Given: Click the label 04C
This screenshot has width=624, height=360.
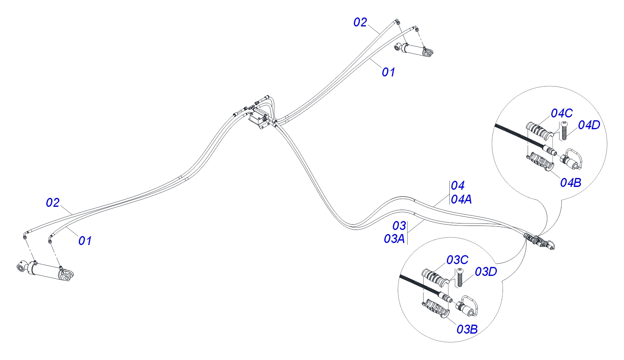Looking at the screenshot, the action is [561, 113].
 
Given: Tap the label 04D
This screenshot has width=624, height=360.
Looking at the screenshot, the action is [589, 126].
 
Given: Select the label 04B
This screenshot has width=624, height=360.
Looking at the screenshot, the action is [570, 183].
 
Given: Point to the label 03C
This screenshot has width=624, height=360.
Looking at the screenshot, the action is [457, 260].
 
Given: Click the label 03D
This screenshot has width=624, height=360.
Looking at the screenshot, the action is [486, 272].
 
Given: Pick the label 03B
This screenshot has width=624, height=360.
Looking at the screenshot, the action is [467, 330].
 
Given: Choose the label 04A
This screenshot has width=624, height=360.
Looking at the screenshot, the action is [461, 200].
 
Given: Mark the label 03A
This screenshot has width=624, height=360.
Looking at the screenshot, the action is [394, 239].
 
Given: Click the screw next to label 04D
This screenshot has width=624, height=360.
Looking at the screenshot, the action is [564, 130].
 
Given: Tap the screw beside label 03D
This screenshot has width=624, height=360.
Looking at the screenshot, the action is [459, 278].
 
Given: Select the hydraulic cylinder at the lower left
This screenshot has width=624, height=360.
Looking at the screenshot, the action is [45, 270].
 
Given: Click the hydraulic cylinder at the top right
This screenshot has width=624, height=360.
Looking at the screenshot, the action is [414, 50].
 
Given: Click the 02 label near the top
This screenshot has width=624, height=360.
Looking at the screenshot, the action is [360, 23].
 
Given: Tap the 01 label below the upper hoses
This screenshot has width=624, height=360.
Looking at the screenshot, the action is [388, 72].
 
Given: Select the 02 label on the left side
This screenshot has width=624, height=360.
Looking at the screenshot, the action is [53, 203].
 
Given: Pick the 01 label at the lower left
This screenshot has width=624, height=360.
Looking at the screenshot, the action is [85, 241].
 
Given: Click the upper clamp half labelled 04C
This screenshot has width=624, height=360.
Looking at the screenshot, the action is [539, 132].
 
